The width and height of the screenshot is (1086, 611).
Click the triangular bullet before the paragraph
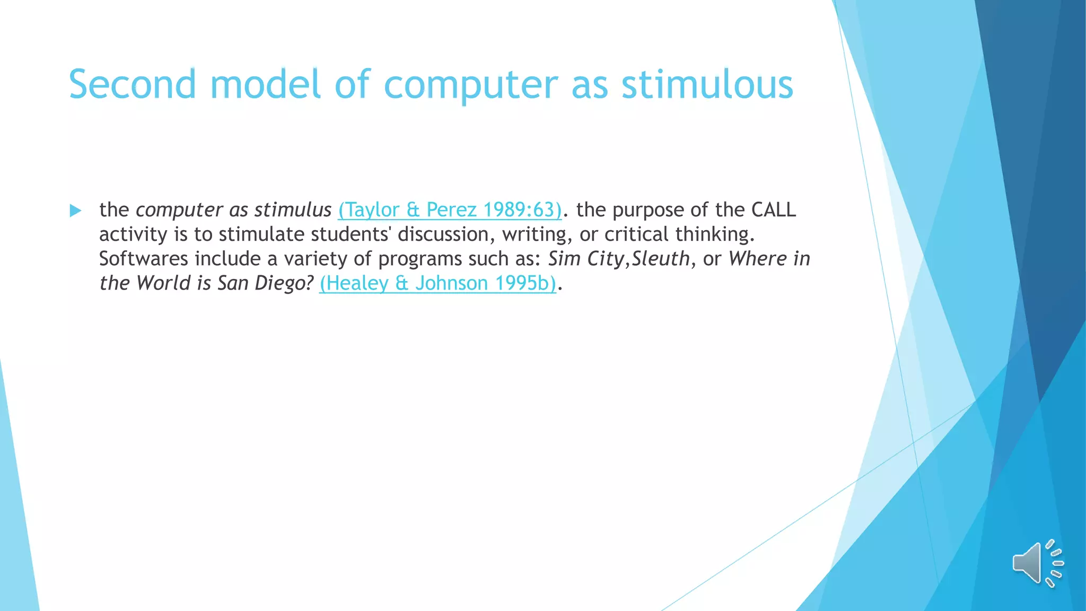coord(75,211)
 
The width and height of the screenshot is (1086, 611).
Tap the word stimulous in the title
coord(707,84)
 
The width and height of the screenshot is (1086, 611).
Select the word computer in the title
coord(470,84)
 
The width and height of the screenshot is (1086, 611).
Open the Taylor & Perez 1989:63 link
coord(450,210)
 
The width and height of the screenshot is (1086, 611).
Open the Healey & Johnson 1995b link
coord(437,283)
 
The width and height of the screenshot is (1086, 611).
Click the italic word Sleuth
coord(660,259)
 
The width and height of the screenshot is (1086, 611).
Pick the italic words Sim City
coord(585,259)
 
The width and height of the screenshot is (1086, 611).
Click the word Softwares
coord(143,259)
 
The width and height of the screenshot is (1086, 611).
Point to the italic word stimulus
coord(293,210)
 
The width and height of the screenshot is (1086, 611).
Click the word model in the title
coord(266,84)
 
